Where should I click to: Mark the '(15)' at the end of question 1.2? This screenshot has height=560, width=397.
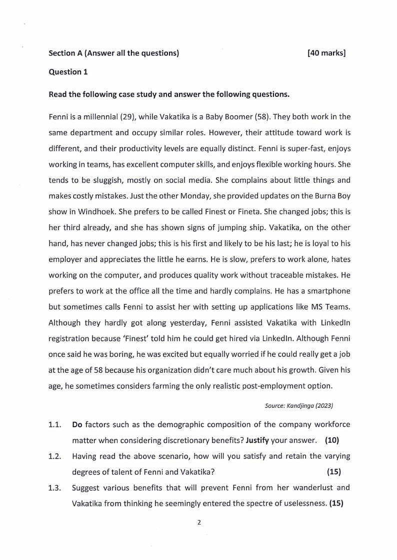click(334, 472)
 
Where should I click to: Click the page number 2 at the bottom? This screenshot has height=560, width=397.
click(199, 523)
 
